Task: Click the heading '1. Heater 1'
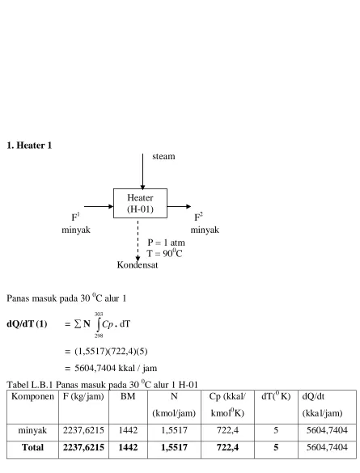pos(29,146)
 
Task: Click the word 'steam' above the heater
pos(163,156)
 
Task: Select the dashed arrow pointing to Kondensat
pos(138,241)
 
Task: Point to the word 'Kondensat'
pos(138,265)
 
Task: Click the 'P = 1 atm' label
pos(166,243)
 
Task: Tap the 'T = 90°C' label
pos(165,253)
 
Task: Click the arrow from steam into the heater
pos(142,171)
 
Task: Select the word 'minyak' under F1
pos(76,230)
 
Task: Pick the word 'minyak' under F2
pos(205,230)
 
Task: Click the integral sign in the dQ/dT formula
pos(99,324)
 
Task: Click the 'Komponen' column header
pos(32,396)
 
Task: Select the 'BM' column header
pos(128,396)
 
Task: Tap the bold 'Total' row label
pos(32,447)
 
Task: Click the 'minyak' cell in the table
pos(32,430)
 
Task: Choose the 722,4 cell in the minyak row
pos(227,430)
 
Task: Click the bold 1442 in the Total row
pos(128,447)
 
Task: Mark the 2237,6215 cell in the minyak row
pos(83,430)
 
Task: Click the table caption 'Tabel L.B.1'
pos(30,385)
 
